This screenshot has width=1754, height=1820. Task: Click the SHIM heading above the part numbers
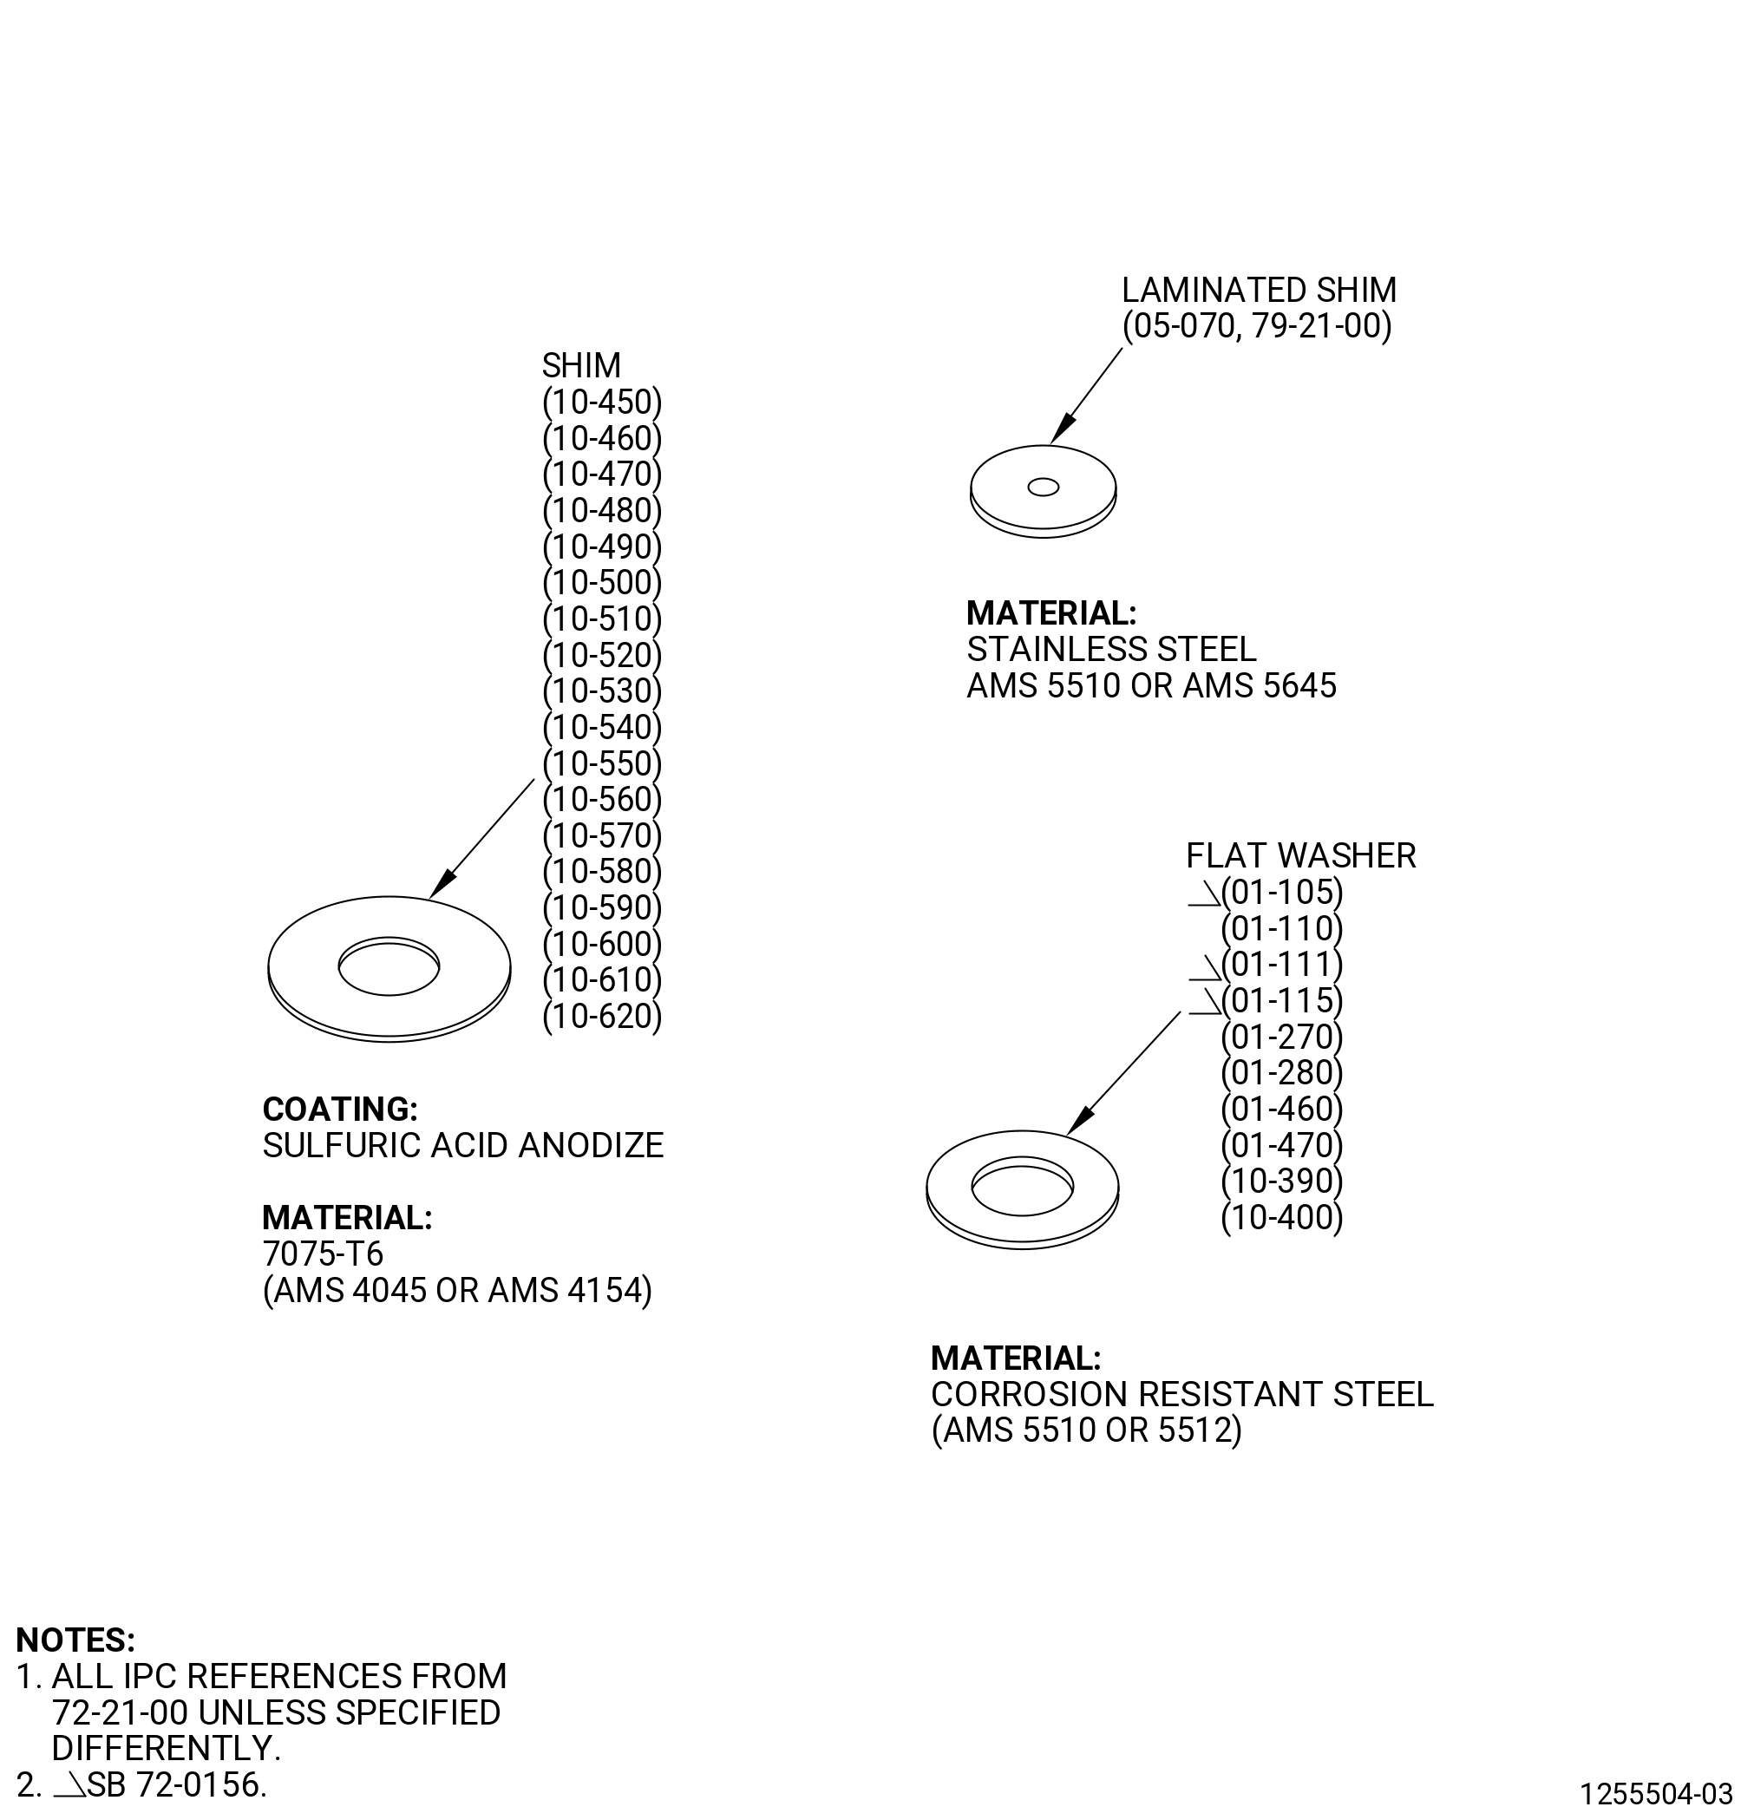[581, 365]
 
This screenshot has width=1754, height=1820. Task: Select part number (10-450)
[602, 402]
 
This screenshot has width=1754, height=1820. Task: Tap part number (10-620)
[602, 1017]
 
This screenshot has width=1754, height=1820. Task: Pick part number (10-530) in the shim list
[602, 691]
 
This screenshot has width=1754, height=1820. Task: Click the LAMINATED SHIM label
[1258, 291]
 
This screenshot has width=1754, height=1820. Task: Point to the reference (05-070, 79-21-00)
[1257, 327]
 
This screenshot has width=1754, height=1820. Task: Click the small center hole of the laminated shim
[1043, 488]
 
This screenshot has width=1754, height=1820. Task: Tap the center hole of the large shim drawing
[389, 966]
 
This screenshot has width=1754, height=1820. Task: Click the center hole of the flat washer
[1023, 1186]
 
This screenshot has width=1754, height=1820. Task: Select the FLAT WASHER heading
[1301, 856]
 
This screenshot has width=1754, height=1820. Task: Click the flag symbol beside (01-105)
[1204, 894]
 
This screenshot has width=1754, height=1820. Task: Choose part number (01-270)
[1282, 1038]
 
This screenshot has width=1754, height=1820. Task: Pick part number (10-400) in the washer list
[1282, 1218]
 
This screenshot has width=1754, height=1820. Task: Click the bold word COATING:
[340, 1110]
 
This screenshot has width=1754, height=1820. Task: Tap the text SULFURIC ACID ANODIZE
[462, 1146]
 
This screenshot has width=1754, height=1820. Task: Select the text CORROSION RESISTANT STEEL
[1182, 1395]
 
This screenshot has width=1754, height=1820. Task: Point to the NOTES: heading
[76, 1640]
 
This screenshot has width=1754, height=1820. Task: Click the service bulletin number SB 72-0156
[175, 1785]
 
